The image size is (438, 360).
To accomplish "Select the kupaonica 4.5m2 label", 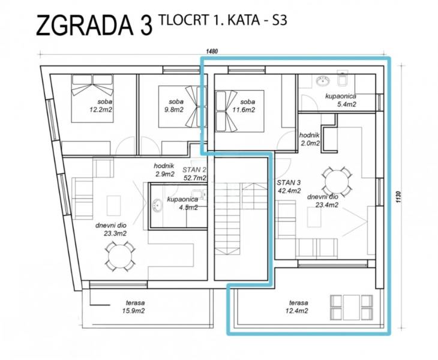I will coord(179,204).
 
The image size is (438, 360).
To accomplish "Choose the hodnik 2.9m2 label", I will coord(164,170).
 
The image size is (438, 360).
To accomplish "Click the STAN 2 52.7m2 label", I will coord(194,174).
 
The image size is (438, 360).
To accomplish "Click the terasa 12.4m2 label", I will coord(296,307).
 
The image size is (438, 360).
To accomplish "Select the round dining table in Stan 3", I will coord(333,179).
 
